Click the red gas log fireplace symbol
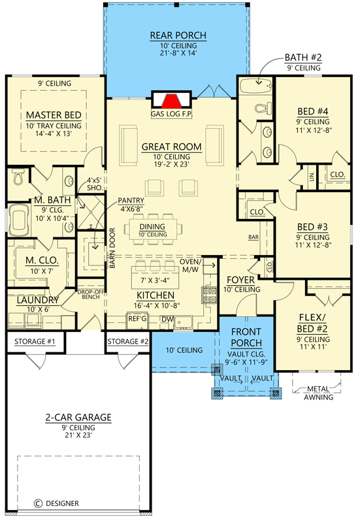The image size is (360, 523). tap(172, 101)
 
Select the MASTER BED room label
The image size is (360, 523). tap(54, 115)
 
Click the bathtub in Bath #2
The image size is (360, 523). tap(255, 85)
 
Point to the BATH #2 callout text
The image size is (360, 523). tap(303, 58)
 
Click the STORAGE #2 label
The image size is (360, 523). tap(127, 341)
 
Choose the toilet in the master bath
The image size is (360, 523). tap(18, 177)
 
